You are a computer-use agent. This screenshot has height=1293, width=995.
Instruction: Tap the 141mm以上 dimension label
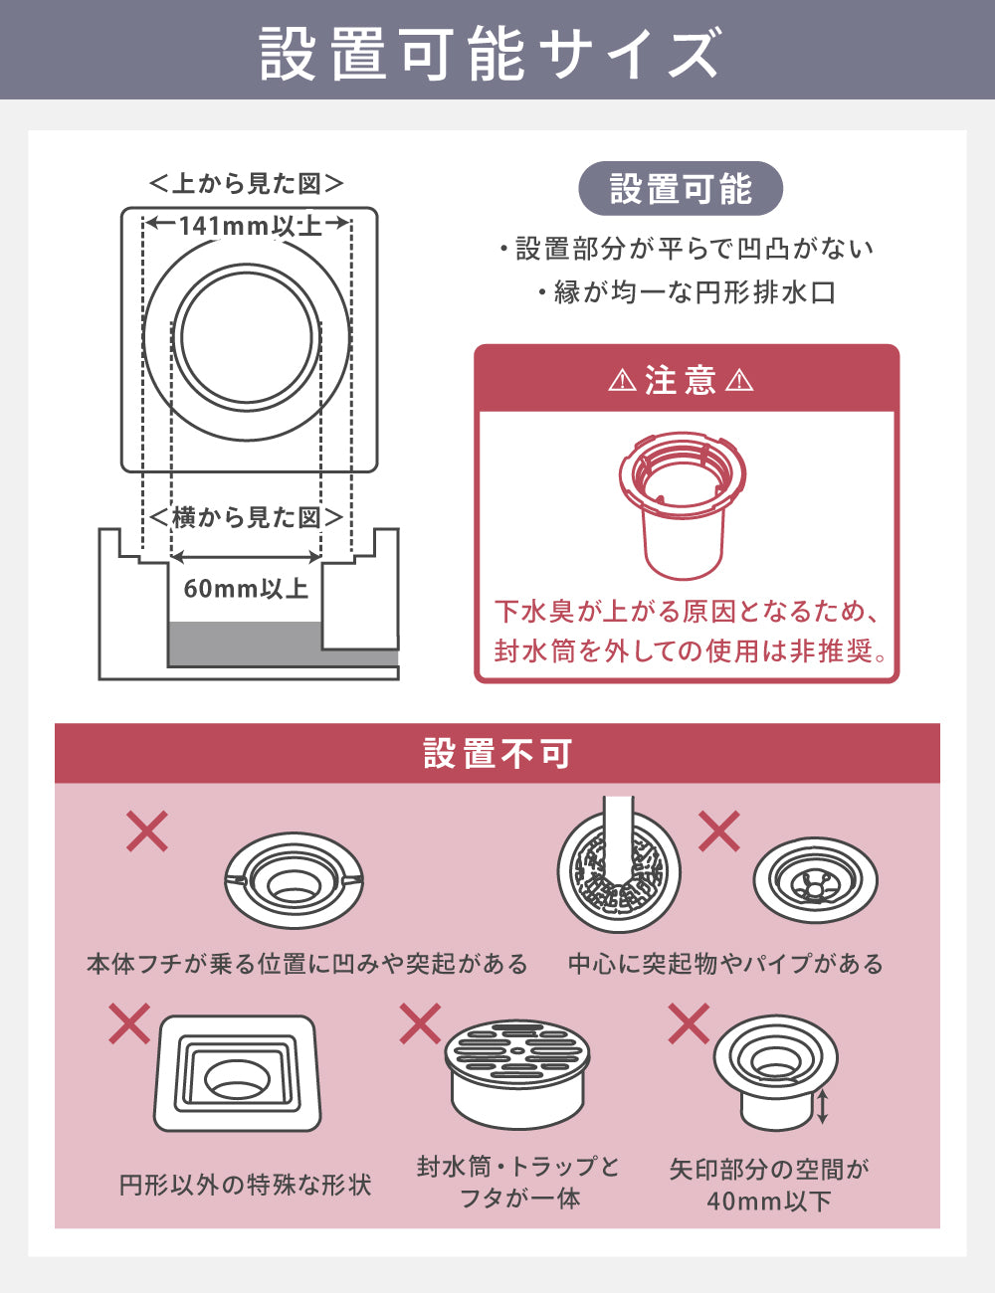pos(250,226)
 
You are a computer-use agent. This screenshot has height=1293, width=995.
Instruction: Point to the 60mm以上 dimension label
pos(246,589)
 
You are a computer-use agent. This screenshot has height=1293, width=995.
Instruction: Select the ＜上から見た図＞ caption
pos(247,183)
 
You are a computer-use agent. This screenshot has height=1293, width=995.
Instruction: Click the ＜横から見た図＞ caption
pos(247,517)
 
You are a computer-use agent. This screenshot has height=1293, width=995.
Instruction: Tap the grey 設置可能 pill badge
pos(681,188)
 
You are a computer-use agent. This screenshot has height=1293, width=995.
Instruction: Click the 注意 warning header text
pos(681,380)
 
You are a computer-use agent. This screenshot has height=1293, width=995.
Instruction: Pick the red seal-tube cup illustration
pos(683,505)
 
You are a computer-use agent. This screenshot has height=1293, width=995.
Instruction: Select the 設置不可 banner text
pos(497,753)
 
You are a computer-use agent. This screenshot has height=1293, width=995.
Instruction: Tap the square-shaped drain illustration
pos(238,1073)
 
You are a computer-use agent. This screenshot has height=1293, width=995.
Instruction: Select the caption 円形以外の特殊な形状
pos(245,1186)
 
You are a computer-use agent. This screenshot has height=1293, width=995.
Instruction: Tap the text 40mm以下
pos(769,1201)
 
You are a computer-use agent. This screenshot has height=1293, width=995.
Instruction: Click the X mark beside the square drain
pos(129,1023)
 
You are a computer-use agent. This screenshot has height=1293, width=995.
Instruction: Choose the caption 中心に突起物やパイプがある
pos(725,964)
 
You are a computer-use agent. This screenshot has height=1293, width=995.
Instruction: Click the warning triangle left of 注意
pos(623,380)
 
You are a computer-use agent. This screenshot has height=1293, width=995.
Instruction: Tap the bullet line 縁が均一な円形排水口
pos(688,292)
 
